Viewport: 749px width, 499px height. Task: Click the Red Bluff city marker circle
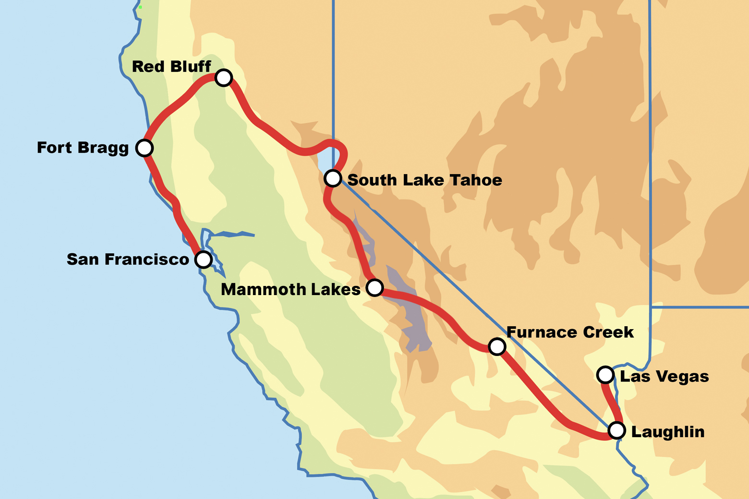coord(224,77)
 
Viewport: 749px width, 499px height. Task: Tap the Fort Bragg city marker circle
coord(145,148)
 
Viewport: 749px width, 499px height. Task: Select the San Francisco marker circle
coord(204,260)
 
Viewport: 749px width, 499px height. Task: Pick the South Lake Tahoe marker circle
coord(333,178)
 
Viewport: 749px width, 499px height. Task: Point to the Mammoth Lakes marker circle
coord(374,287)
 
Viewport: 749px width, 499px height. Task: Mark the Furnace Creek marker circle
coord(497,346)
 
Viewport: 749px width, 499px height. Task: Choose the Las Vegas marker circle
coord(605,374)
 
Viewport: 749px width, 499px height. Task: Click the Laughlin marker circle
coord(616,430)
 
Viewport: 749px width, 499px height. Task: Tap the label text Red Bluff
coord(171,67)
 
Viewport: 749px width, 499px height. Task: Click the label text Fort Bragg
coord(83,148)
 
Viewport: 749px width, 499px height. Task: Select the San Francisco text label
coord(128,260)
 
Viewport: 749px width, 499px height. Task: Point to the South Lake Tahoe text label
coord(424,180)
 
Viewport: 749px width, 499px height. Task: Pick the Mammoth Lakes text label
coord(290,290)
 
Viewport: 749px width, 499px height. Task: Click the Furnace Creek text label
coord(570,332)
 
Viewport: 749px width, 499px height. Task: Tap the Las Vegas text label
coord(664,377)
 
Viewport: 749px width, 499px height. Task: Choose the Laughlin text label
coord(667,432)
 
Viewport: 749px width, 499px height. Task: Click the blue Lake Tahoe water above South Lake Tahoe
coord(326,160)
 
